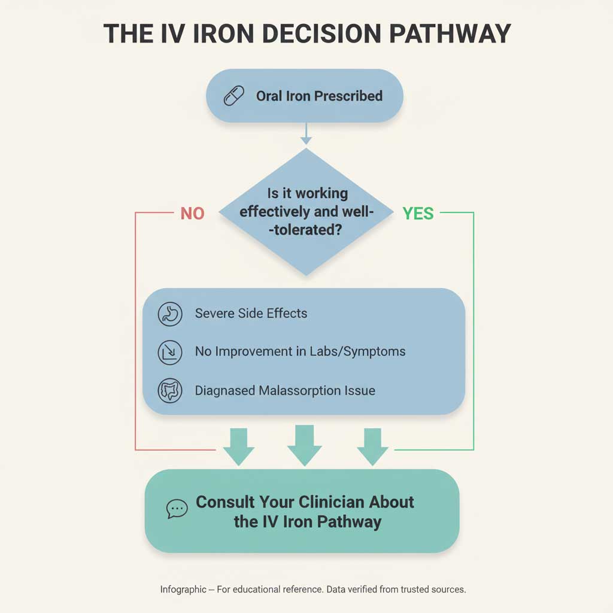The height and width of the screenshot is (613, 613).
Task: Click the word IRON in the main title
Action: point(223,34)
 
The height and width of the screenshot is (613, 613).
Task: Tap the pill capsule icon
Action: point(234,96)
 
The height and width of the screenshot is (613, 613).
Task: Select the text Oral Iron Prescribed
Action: point(319,96)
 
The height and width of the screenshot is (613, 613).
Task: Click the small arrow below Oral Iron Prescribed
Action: point(306,133)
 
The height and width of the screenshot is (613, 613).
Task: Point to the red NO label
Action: point(192,214)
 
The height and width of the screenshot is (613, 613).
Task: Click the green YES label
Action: point(418,214)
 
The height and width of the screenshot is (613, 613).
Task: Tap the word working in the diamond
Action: point(321,193)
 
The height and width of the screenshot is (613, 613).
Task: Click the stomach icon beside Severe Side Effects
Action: point(170,314)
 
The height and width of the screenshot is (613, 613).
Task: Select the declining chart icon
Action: point(170,352)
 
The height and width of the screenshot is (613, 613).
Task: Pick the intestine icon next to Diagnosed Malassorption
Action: point(170,390)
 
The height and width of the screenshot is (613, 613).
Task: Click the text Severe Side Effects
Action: point(251,313)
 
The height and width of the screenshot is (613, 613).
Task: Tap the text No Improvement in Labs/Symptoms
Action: point(301,351)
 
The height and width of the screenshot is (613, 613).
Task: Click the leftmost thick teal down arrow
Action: point(238,447)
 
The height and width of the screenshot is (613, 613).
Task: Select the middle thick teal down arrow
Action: point(305,445)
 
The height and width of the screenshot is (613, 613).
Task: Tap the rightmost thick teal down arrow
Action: point(372,447)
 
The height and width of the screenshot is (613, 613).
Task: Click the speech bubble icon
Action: point(177,509)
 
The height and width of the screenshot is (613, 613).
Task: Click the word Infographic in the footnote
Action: point(183,589)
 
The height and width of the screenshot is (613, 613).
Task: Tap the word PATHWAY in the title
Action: point(450,34)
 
